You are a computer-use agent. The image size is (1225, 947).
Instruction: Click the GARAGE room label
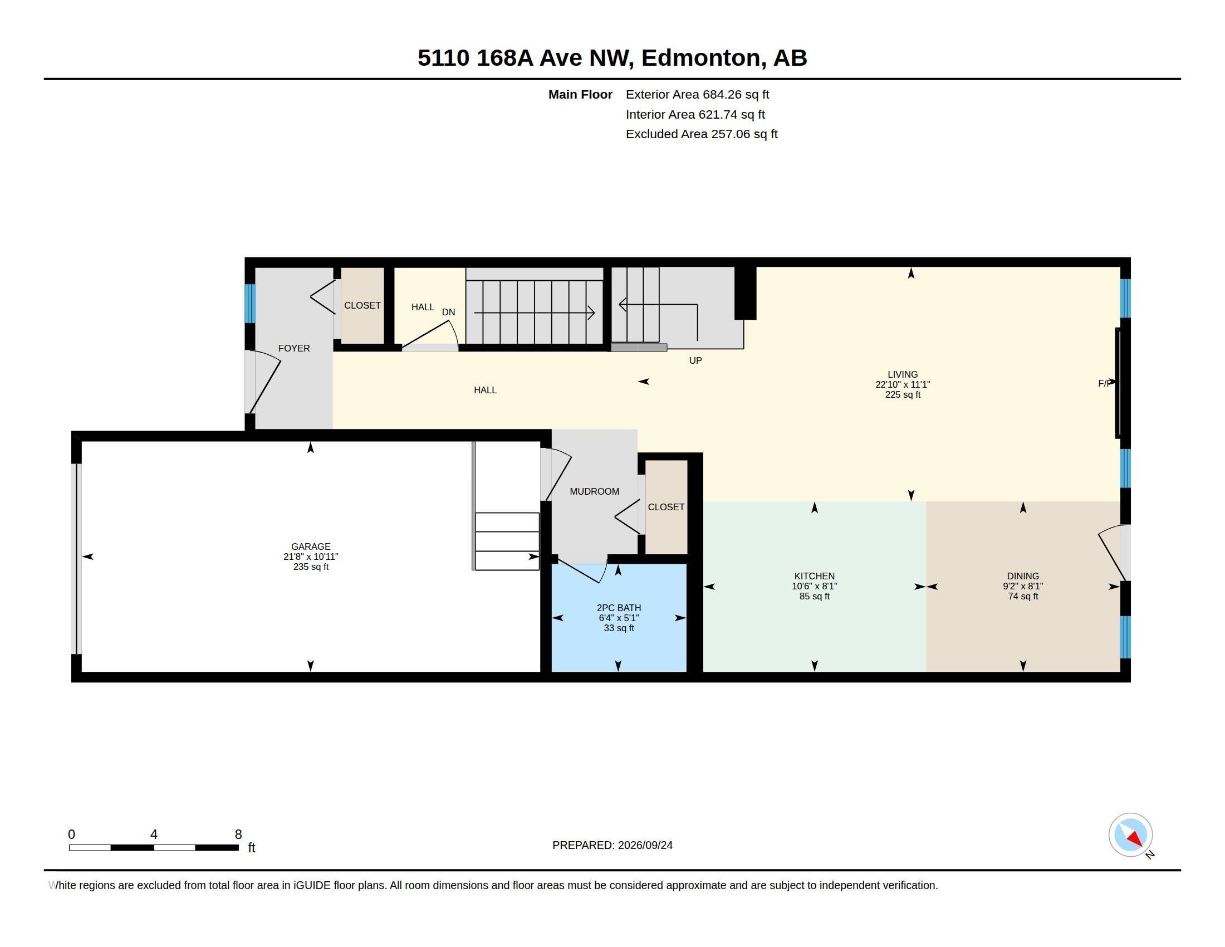pos(311,546)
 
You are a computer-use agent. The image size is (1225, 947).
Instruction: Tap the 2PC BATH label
pos(619,608)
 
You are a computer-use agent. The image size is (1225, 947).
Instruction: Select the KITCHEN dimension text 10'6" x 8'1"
pos(815,586)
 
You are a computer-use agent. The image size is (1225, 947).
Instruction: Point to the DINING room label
pos(1023,576)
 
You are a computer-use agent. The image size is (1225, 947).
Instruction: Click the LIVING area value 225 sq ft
pos(903,395)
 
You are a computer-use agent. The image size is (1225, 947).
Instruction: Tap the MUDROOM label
pos(595,491)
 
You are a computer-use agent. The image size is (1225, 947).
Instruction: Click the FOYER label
pos(294,348)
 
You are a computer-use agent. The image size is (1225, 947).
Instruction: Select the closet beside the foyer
pos(362,306)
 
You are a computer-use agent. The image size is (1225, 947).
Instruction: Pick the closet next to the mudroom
pos(667,507)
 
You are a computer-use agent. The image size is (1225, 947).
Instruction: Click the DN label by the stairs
pos(448,313)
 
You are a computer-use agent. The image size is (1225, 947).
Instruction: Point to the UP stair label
pos(695,361)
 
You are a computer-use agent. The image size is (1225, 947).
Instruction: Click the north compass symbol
pos(1130,835)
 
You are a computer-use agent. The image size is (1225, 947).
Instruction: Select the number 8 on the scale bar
pos(238,834)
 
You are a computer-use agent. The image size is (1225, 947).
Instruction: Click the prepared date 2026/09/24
pos(645,845)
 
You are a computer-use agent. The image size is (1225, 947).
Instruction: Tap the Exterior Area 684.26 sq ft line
pos(697,95)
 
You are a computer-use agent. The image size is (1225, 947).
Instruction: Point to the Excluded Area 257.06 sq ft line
pos(702,134)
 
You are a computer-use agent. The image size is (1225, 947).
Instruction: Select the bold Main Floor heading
pos(580,95)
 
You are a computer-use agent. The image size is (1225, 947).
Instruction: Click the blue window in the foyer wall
pos(250,304)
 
